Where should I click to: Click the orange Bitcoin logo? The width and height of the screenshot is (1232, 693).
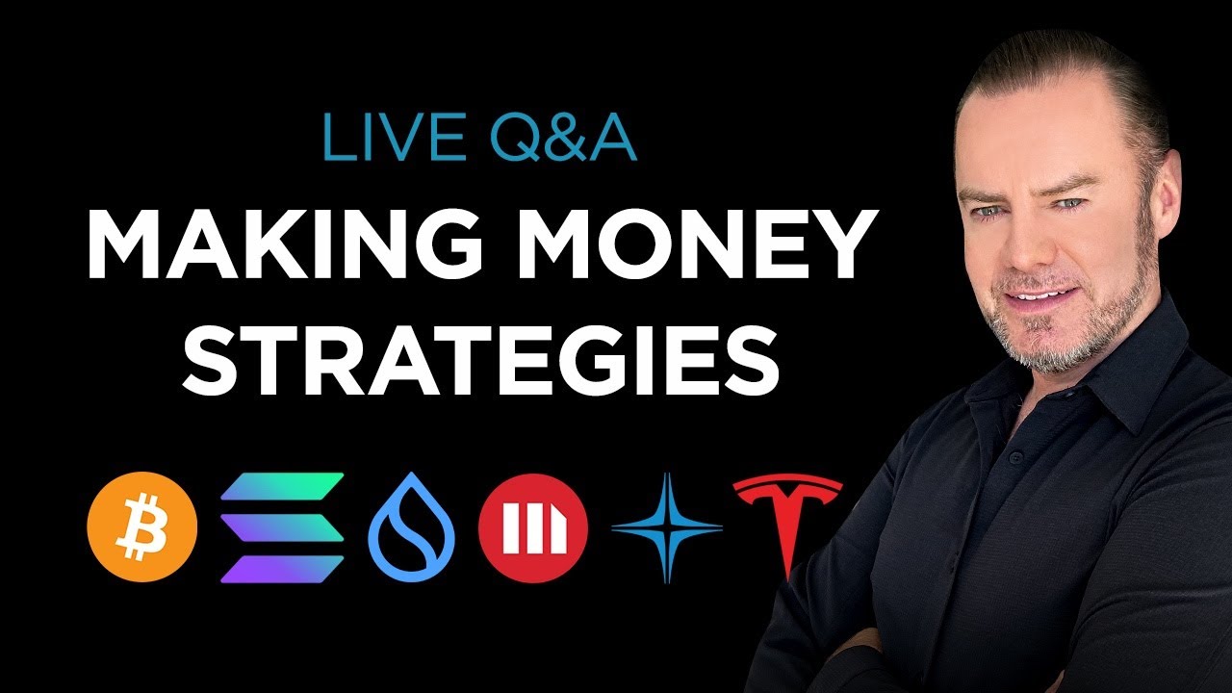coord(141,527)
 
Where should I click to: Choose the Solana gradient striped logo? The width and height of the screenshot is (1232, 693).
coord(282,528)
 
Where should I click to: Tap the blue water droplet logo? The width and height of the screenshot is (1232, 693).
coord(412,528)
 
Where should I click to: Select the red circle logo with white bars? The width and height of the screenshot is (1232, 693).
coord(532,528)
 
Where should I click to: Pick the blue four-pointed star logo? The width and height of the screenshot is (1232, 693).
coord(667,528)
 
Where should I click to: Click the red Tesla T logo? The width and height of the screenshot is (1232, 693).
coord(787,520)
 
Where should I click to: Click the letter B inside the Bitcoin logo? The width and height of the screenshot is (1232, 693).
coord(141,527)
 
